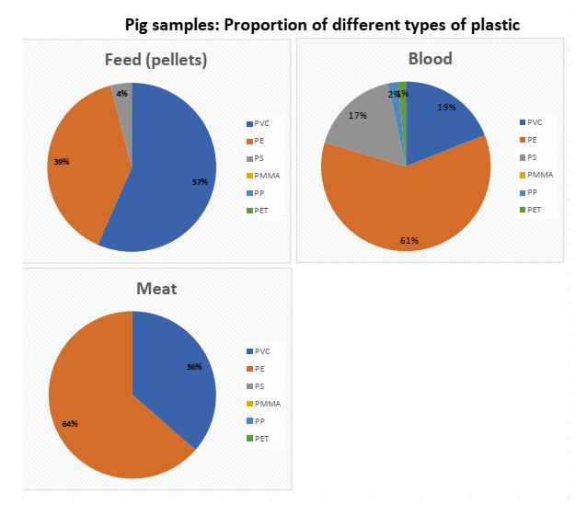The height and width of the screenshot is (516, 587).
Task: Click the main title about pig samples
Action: [322, 25]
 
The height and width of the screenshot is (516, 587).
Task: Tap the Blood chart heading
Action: [430, 59]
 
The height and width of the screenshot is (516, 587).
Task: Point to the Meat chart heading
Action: [156, 289]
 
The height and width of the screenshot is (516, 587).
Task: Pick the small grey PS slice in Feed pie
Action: [123, 91]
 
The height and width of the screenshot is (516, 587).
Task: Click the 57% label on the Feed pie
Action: [200, 182]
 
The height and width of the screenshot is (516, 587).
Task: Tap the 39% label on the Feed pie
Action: [61, 162]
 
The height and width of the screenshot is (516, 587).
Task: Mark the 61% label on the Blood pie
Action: [409, 240]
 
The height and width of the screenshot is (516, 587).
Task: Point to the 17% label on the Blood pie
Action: [358, 116]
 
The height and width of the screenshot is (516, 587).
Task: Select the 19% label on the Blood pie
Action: [446, 108]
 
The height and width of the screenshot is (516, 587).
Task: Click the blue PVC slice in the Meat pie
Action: [175, 377]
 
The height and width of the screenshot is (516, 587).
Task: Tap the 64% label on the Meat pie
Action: [69, 424]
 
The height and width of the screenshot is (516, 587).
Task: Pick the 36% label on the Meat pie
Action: [194, 367]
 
